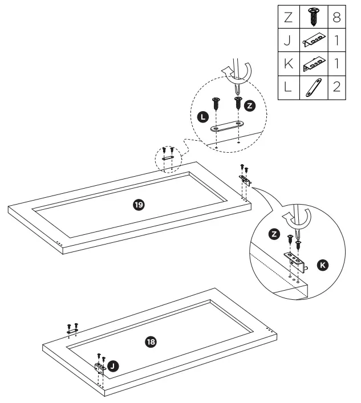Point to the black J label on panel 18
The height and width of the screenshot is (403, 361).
pos(113,365)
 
